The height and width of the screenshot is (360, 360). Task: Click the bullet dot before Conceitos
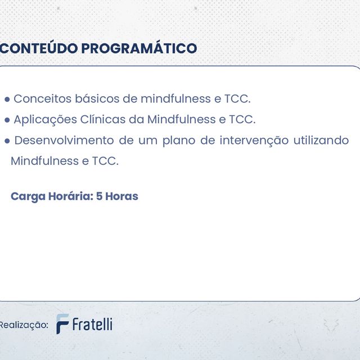[7, 100]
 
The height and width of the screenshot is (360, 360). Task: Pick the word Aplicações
[46, 120]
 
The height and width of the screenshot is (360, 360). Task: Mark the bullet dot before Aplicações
[7, 120]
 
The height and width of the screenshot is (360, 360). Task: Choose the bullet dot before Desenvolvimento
[7, 141]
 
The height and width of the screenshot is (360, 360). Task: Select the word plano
[178, 141]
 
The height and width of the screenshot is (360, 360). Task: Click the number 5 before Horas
[100, 196]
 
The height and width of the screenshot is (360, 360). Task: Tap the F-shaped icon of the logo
[62, 324]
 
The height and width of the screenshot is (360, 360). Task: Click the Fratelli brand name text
[92, 324]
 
